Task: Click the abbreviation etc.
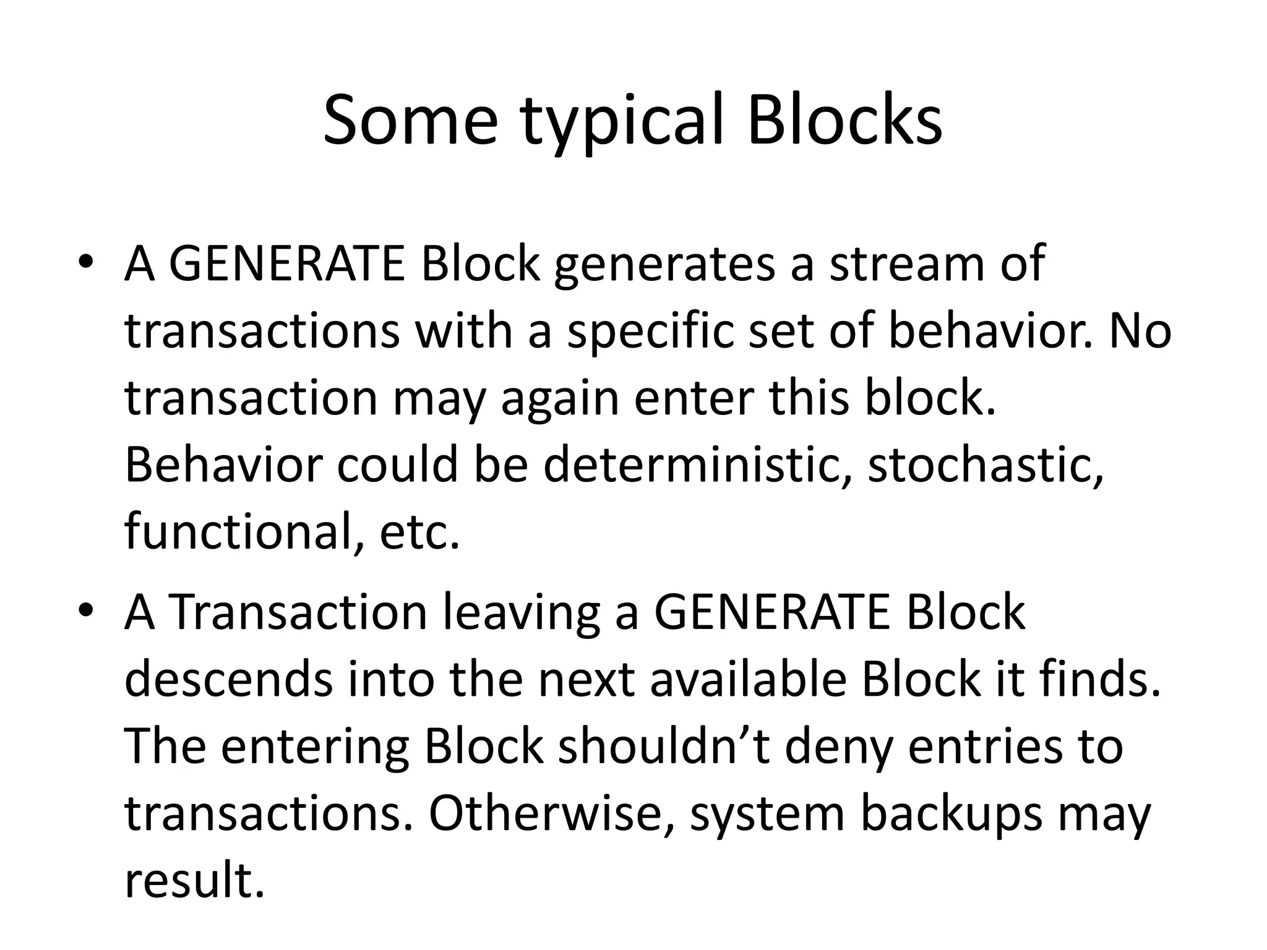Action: click(420, 533)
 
